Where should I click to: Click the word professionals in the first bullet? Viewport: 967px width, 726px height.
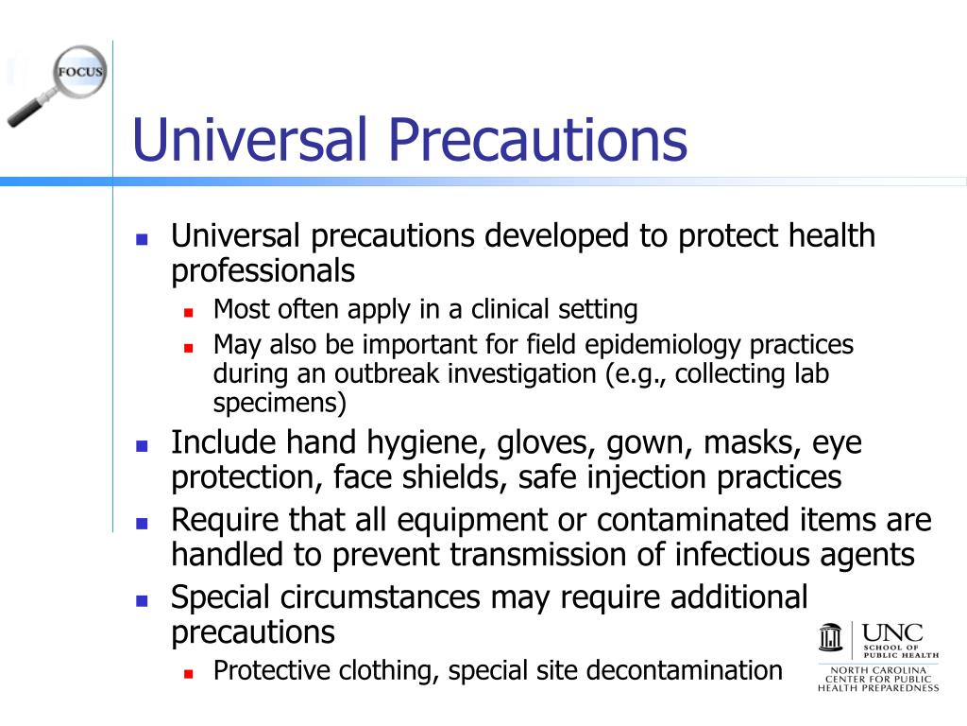point(263,271)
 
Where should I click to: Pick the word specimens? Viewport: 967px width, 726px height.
point(280,404)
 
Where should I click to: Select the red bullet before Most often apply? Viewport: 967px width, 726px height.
point(188,311)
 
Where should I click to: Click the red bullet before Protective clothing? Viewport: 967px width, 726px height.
point(188,673)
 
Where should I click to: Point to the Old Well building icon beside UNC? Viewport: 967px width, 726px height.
point(830,638)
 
